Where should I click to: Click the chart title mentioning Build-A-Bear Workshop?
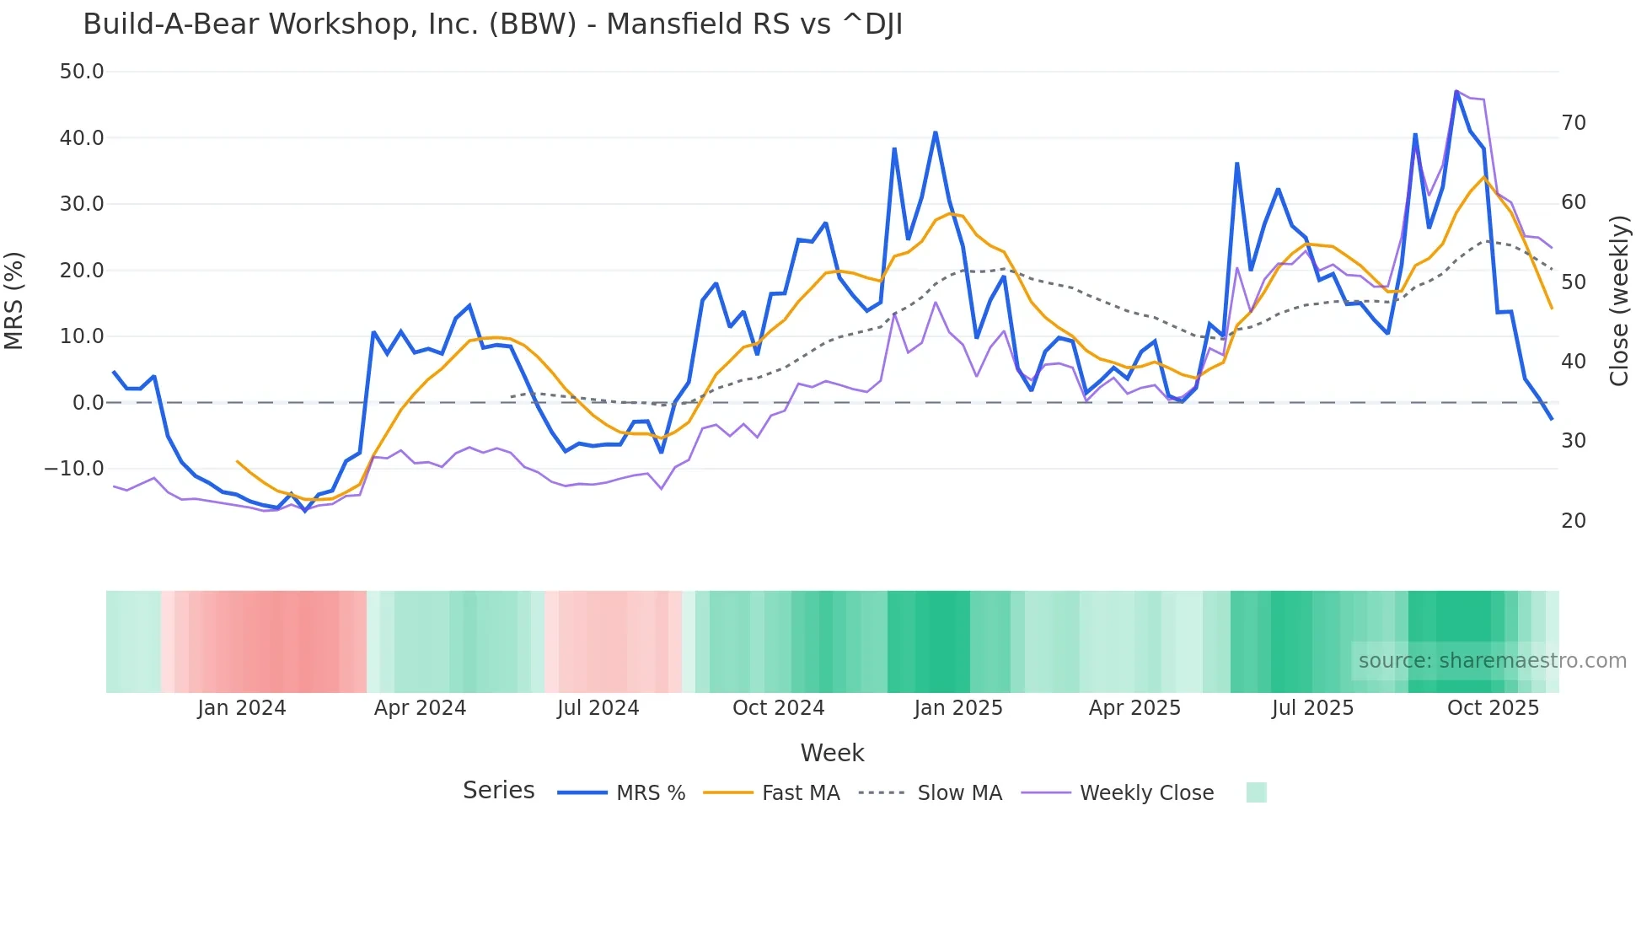(492, 24)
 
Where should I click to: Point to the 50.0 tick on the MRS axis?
(82, 72)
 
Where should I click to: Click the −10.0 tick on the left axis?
(74, 469)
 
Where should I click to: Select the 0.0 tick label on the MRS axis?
(88, 403)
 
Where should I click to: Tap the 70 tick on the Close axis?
(1573, 123)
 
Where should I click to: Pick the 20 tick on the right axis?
(1573, 521)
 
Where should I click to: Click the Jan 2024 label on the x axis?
(242, 708)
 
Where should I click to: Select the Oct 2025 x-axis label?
(1493, 708)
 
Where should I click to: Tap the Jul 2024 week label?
(598, 708)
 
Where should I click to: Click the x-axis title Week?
(832, 753)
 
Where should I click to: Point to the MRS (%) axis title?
(14, 300)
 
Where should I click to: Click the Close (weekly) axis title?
(1618, 300)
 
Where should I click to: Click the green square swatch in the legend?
(1256, 792)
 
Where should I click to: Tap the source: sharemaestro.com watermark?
(1492, 661)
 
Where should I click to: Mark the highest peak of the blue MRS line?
(1456, 91)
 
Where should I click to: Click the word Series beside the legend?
(498, 791)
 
